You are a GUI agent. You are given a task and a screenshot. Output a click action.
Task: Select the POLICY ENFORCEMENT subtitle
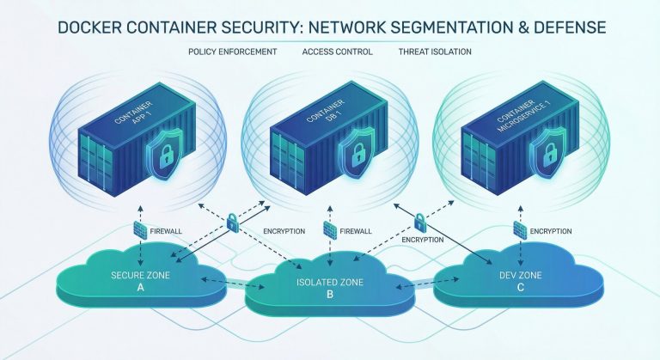tap(232, 52)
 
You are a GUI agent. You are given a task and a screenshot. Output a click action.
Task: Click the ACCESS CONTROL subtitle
tap(337, 52)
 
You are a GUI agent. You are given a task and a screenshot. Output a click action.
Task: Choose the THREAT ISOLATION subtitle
tap(435, 52)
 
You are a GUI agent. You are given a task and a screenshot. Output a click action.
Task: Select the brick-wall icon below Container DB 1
tap(329, 229)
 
